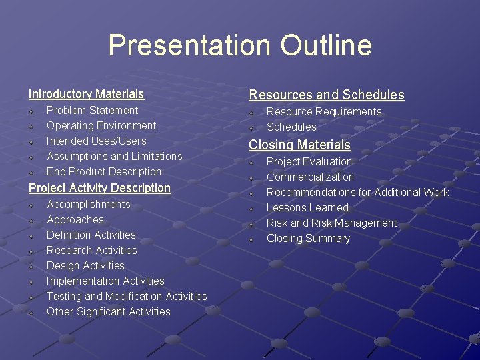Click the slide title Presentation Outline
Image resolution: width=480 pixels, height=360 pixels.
(240, 45)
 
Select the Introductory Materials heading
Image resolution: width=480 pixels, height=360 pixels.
(86, 94)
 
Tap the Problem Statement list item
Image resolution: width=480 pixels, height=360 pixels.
(92, 110)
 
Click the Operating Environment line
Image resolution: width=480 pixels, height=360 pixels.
(101, 125)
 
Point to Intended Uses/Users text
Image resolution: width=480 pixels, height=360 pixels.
(96, 141)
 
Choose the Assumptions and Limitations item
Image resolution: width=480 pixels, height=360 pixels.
(114, 156)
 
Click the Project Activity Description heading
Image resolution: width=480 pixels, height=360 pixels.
(99, 188)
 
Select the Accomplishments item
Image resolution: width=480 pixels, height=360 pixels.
(88, 204)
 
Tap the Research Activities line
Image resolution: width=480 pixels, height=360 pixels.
(91, 250)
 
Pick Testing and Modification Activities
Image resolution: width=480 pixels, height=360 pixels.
(127, 296)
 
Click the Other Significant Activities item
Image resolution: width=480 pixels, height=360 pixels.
(108, 311)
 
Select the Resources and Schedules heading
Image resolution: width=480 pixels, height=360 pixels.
(327, 95)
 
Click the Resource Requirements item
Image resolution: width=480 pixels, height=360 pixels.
(324, 111)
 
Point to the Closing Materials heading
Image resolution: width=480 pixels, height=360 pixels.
(299, 145)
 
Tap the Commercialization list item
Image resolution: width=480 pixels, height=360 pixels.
(310, 177)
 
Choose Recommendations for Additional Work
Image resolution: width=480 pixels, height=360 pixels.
(357, 192)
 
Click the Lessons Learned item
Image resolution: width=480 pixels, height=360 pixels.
(307, 207)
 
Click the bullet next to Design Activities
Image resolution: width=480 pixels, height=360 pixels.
(32, 266)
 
